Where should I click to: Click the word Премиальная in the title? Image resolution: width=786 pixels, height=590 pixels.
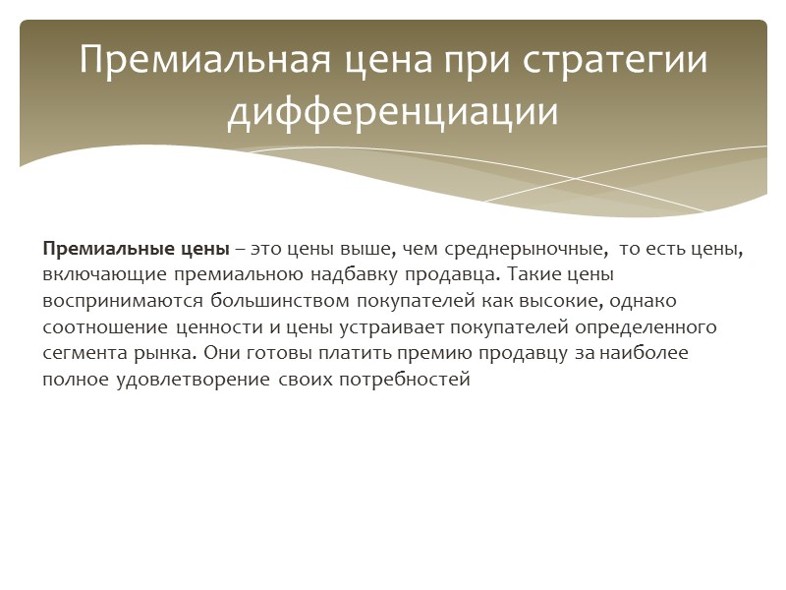pos(196,61)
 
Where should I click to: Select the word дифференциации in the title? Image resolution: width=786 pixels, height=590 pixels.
pos(393,111)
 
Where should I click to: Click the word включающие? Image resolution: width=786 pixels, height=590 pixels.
pos(90,275)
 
